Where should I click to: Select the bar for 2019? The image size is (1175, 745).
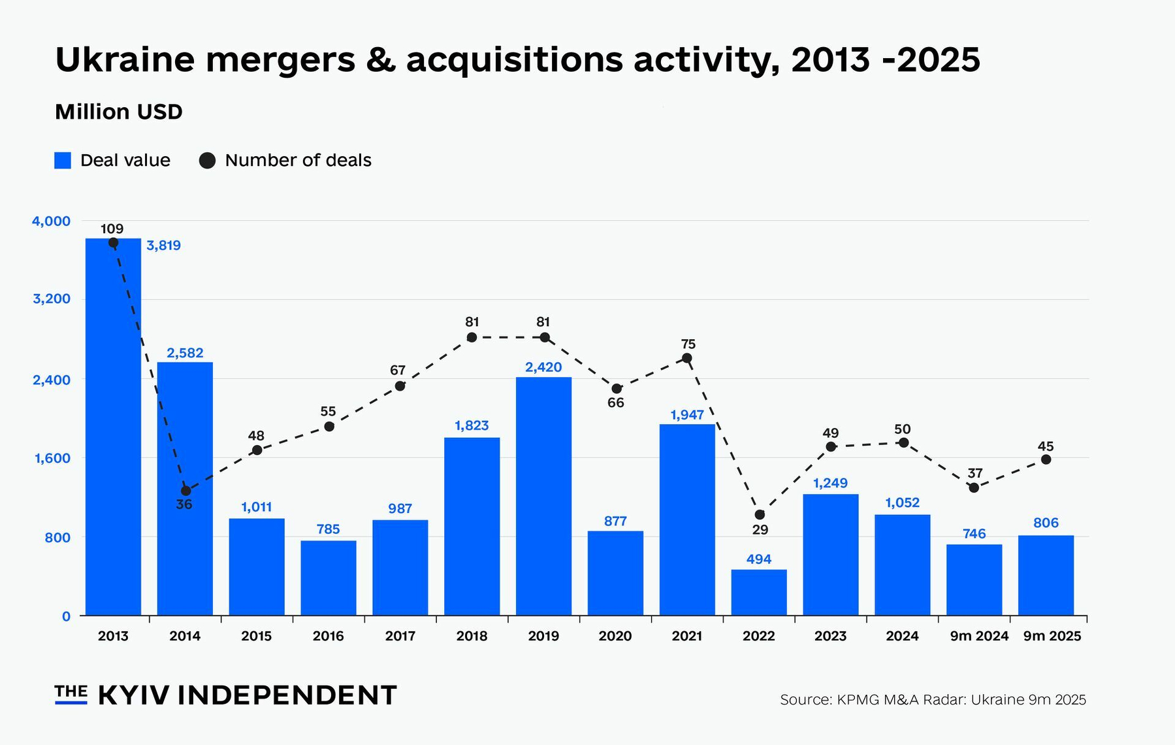point(543,497)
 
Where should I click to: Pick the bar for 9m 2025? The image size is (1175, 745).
point(1046,576)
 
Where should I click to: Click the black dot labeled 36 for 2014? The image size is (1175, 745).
point(186,491)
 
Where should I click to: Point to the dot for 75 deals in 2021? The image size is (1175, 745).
point(687,358)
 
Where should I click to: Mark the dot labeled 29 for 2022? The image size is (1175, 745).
point(760,515)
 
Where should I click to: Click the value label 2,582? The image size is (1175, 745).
point(185,353)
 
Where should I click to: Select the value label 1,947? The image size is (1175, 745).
point(687,415)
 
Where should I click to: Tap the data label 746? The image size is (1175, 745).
point(974,534)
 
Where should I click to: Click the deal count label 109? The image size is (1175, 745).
point(112,229)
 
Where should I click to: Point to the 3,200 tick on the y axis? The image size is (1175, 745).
point(52,299)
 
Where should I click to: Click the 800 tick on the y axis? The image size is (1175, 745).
point(58,538)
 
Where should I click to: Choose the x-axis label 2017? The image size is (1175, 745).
point(400,636)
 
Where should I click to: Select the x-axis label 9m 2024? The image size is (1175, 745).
point(979,636)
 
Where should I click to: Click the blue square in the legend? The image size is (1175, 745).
point(63,160)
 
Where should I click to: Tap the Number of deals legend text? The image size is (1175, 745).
point(298,160)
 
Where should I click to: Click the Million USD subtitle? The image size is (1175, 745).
point(119,112)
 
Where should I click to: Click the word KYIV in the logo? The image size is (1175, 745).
point(134,695)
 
